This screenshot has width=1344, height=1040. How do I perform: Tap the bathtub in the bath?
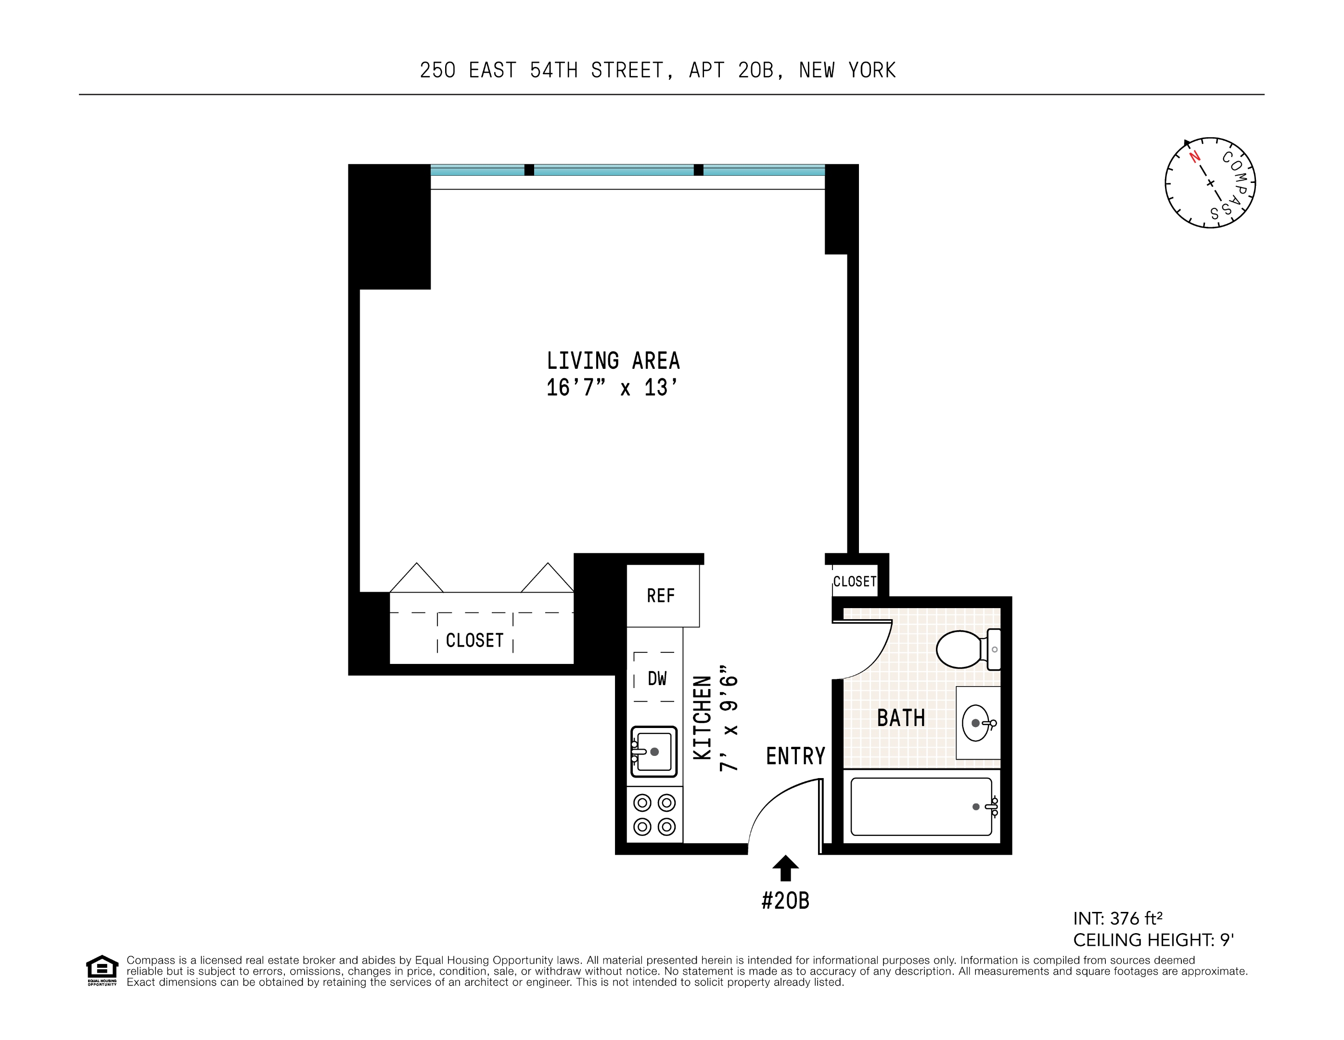click(921, 806)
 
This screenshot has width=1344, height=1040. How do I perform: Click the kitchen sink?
click(653, 751)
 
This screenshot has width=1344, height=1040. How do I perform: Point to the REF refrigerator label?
click(660, 596)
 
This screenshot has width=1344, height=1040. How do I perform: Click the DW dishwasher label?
click(657, 678)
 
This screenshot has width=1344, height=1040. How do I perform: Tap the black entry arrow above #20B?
click(785, 868)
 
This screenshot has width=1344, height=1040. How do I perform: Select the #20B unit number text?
click(785, 901)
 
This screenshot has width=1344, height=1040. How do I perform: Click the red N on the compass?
click(1194, 156)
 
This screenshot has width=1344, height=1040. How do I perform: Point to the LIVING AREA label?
click(613, 361)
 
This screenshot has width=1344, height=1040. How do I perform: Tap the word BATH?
click(901, 718)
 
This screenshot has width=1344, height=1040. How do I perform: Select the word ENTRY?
click(795, 756)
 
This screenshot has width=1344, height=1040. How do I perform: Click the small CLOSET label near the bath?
click(854, 581)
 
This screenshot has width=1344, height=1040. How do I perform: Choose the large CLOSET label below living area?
click(474, 640)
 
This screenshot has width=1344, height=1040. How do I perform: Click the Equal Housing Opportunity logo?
click(102, 970)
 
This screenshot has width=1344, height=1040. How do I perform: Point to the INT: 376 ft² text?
click(1117, 919)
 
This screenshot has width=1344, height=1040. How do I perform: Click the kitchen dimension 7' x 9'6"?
click(729, 718)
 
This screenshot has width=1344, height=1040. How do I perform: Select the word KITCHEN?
click(702, 718)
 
